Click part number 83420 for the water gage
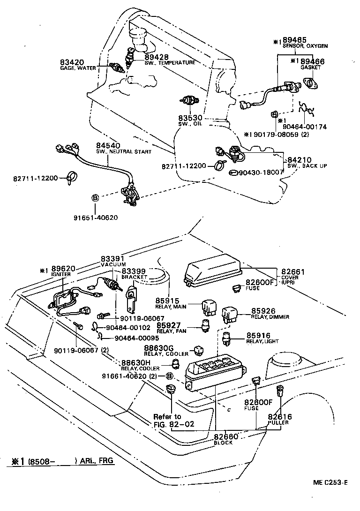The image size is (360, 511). [70, 62]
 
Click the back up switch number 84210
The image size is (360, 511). [299, 160]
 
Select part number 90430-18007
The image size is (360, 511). [262, 173]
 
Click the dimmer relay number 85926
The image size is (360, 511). [263, 311]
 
